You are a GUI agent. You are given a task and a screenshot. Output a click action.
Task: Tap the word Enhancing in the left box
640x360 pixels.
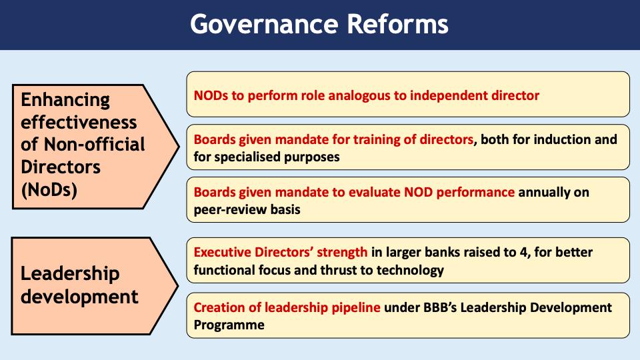65,100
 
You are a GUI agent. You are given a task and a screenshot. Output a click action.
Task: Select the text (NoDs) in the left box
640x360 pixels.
49,189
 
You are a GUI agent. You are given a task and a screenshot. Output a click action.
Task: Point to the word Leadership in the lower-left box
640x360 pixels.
70,274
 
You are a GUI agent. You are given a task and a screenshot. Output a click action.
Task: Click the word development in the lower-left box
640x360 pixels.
79,296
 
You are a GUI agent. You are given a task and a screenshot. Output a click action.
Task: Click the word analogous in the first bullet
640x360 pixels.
341,95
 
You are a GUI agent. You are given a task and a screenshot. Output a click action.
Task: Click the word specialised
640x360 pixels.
250,157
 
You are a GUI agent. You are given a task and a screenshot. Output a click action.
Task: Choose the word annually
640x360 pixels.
548,193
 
